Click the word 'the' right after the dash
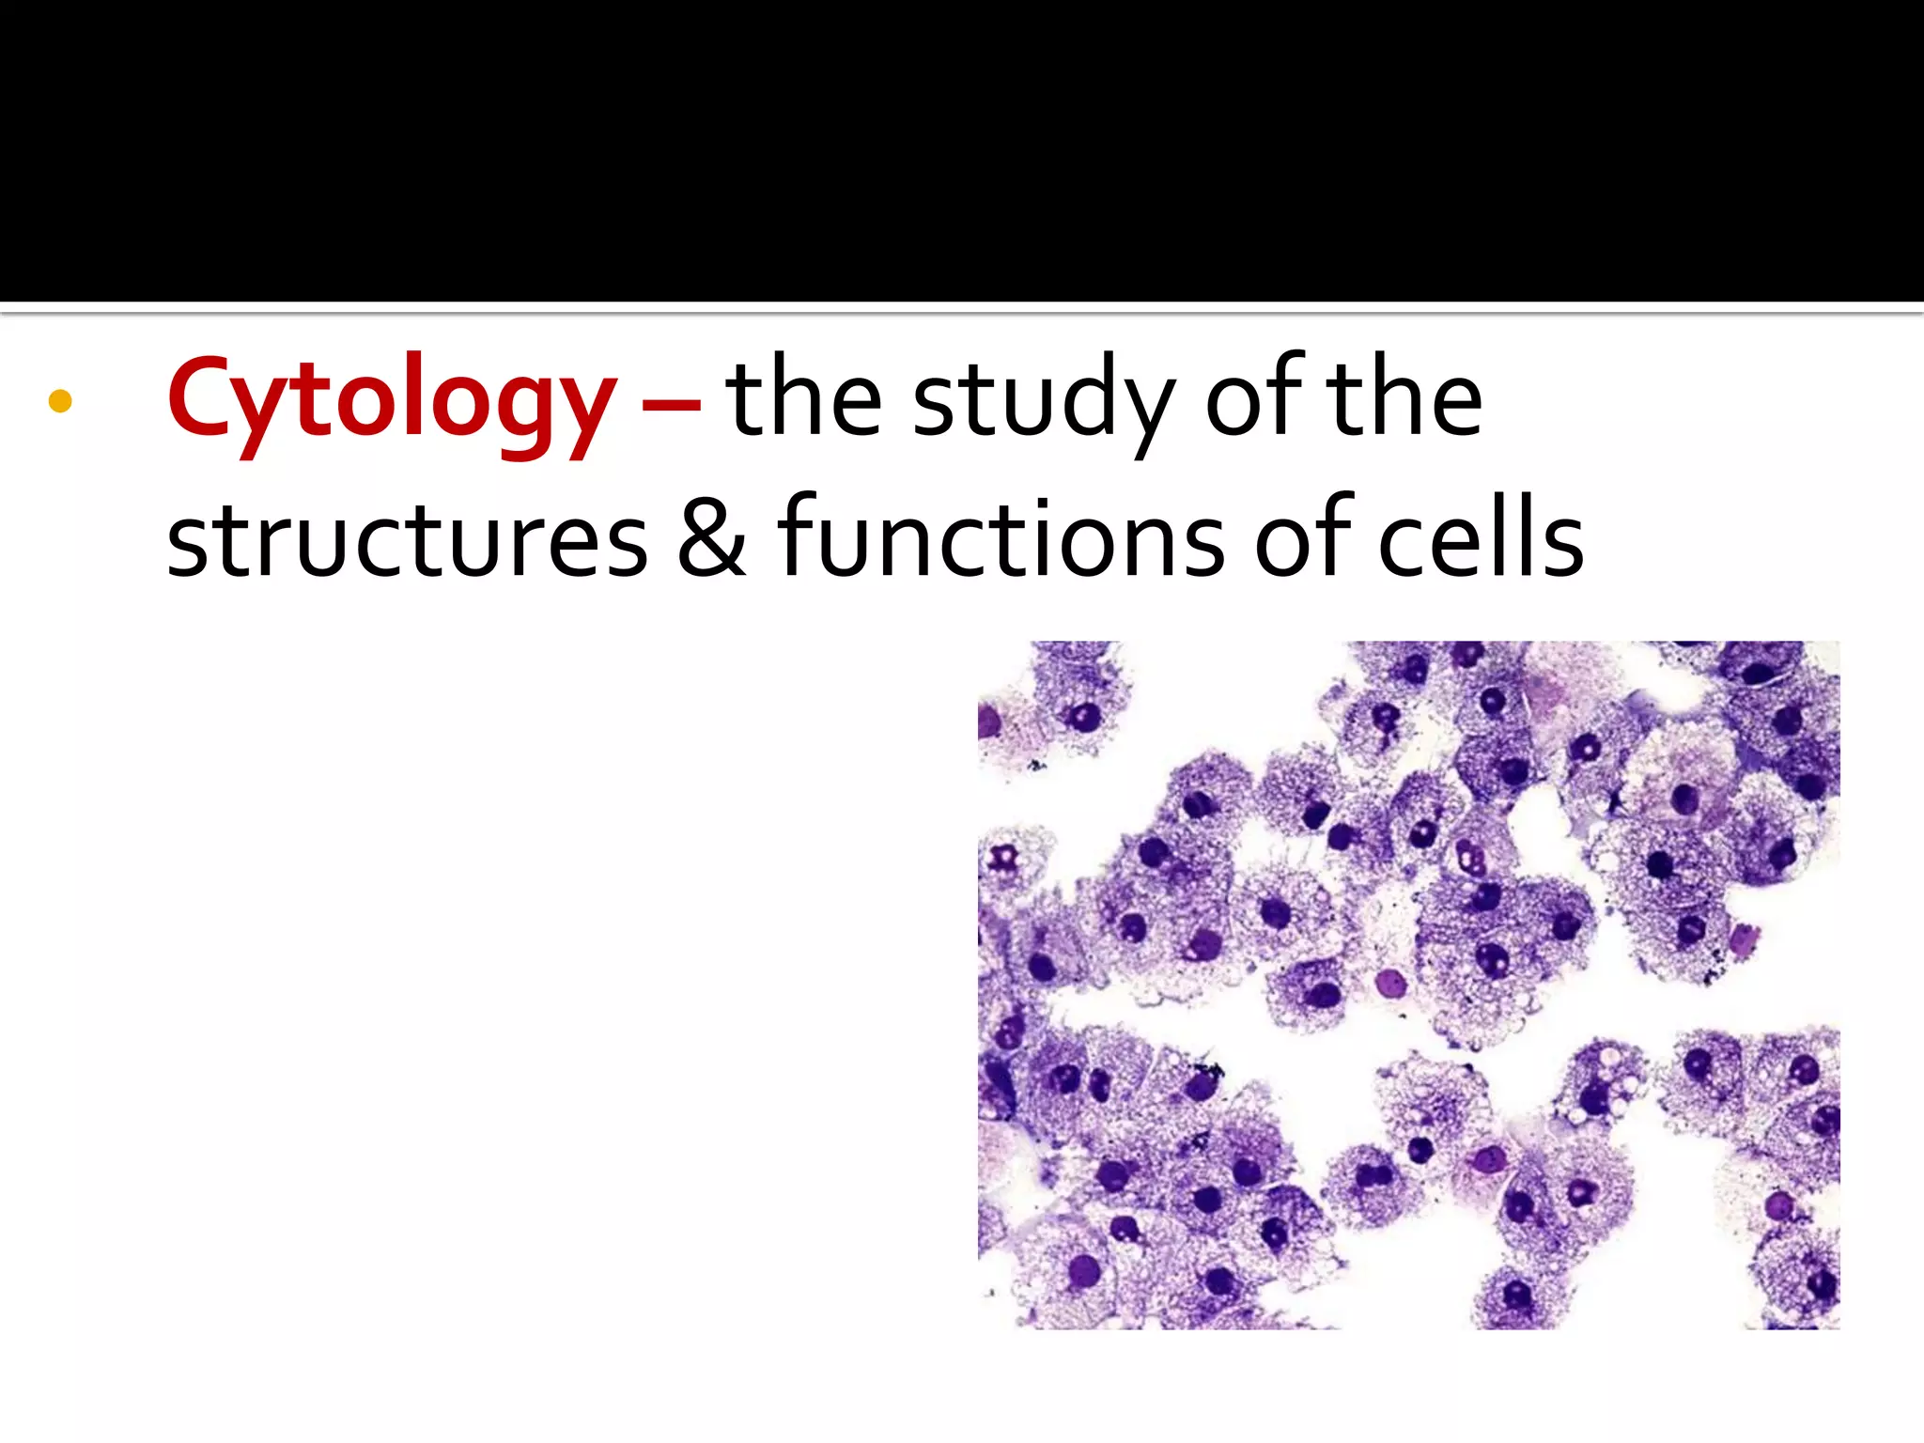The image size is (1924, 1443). [803, 399]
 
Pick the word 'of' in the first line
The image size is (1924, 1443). [1255, 399]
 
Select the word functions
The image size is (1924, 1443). [1000, 537]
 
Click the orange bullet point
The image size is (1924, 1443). [60, 401]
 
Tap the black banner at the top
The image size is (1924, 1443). [962, 150]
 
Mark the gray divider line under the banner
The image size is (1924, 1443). [962, 309]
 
